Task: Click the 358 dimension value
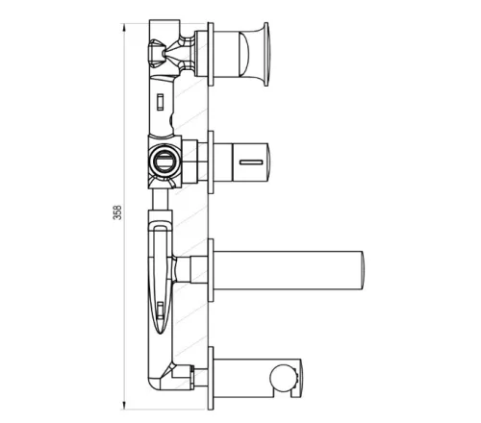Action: [118, 212]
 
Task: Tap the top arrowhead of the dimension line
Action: [124, 27]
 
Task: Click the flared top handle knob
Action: [254, 54]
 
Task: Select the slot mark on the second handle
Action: [251, 162]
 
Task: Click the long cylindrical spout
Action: [289, 270]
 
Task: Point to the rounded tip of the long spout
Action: [364, 270]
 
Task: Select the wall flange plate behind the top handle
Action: [211, 54]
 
